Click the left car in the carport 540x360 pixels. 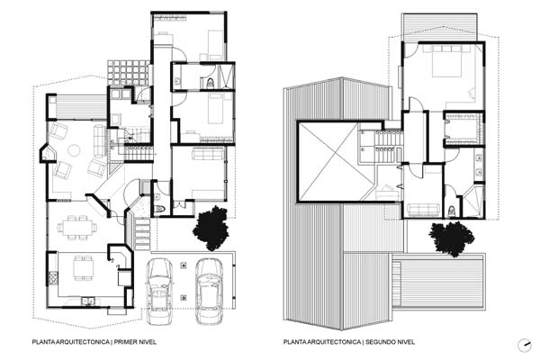pyautogui.click(x=159, y=292)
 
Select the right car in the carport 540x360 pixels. pyautogui.click(x=209, y=292)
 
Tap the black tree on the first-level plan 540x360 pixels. pyautogui.click(x=211, y=228)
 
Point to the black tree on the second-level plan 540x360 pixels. pyautogui.click(x=452, y=238)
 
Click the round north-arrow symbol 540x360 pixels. pyautogui.click(x=525, y=346)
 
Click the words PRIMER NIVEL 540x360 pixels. pyautogui.click(x=135, y=342)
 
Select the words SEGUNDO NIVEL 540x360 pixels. pyautogui.click(x=390, y=342)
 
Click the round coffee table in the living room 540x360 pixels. pyautogui.click(x=74, y=150)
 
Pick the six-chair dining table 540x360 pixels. pyautogui.click(x=77, y=228)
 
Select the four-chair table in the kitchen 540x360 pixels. pyautogui.click(x=83, y=268)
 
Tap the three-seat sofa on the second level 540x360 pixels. pyautogui.click(x=423, y=210)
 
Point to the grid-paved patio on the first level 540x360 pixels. pyautogui.click(x=128, y=73)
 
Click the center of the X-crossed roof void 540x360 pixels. pyautogui.click(x=332, y=162)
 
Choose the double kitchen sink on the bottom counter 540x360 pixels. pyautogui.click(x=88, y=301)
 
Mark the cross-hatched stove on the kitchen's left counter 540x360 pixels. pyautogui.click(x=53, y=278)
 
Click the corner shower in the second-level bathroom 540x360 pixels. pyautogui.click(x=472, y=202)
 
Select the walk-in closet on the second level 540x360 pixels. pyautogui.click(x=463, y=129)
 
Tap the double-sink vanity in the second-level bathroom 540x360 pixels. pyautogui.click(x=479, y=165)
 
